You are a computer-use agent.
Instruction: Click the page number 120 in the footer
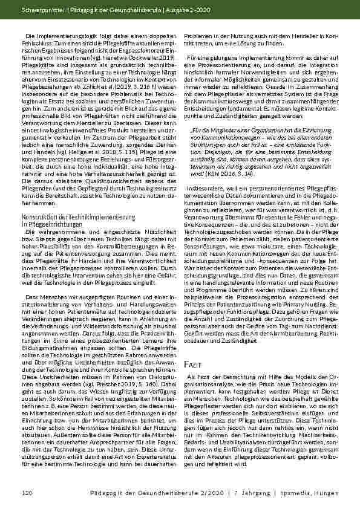(x=27, y=494)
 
